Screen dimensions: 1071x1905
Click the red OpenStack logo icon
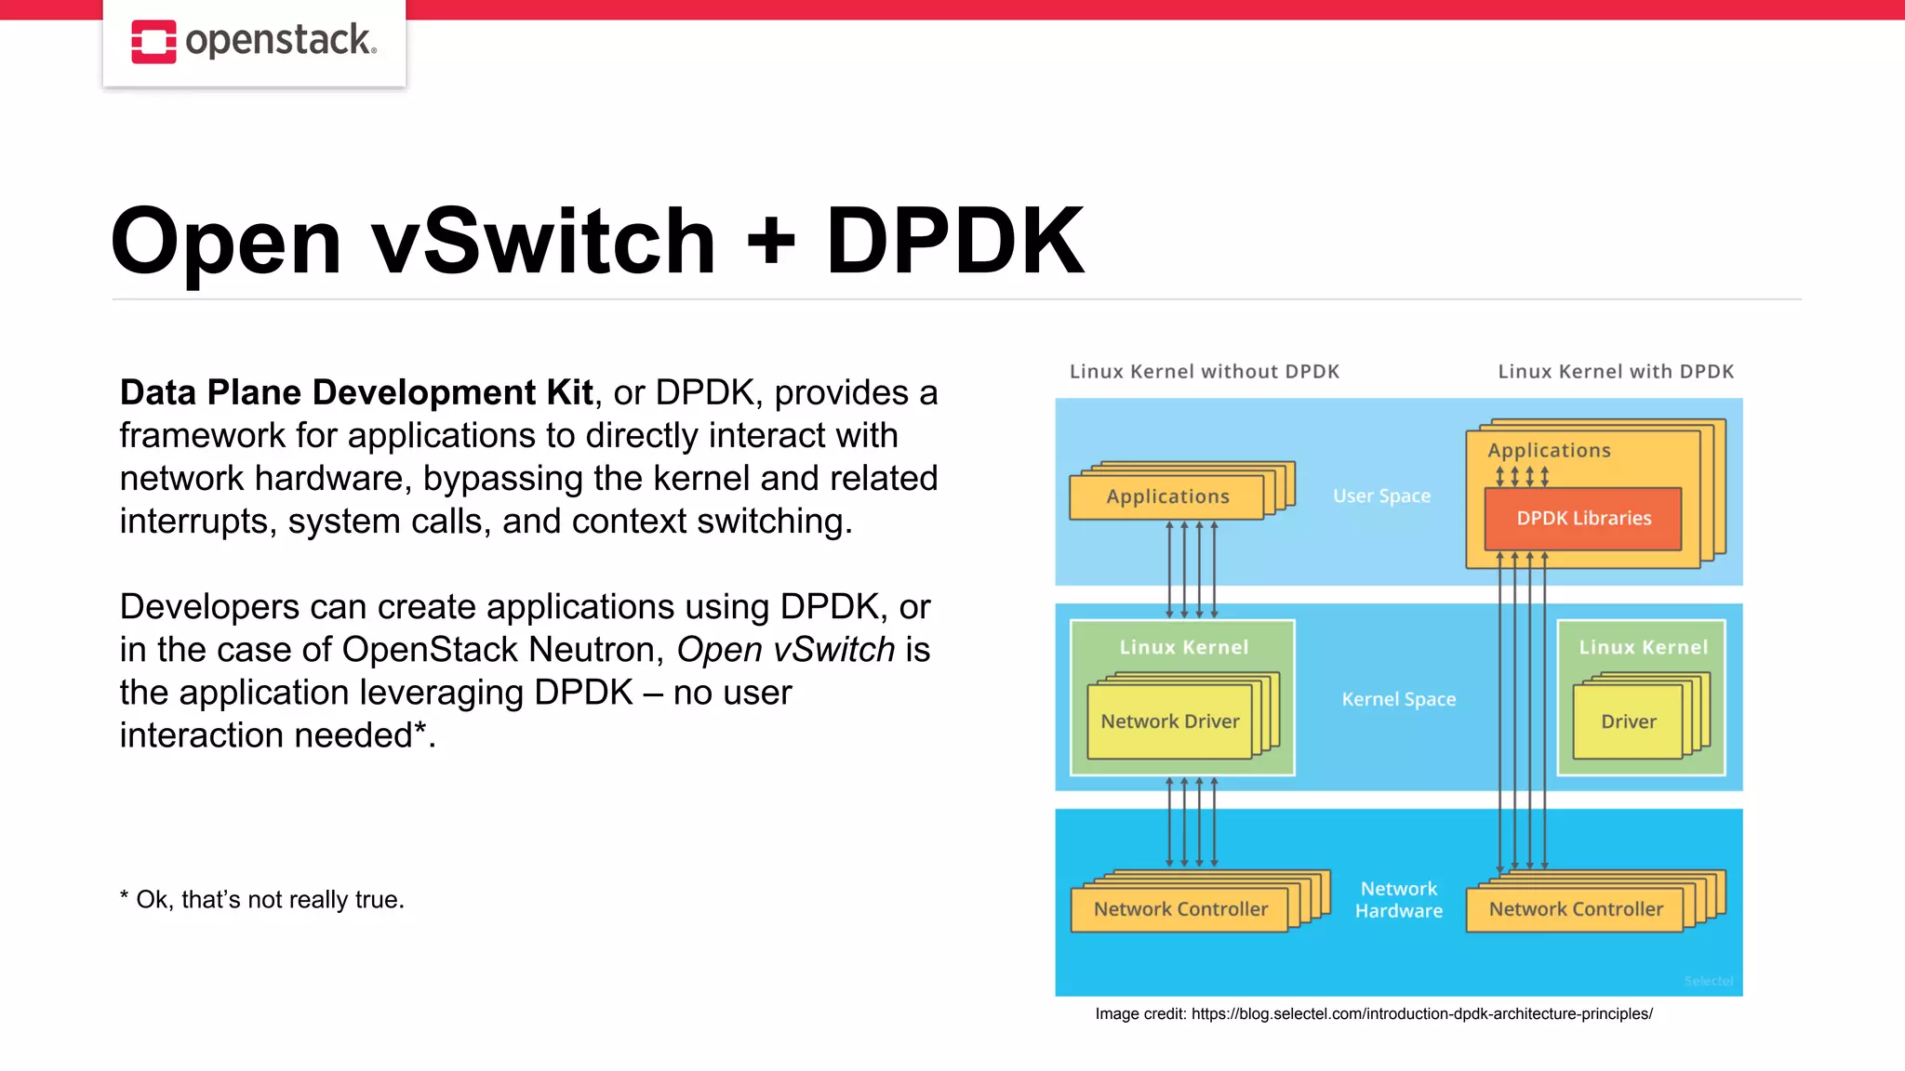pos(153,42)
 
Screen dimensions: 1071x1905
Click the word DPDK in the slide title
pos(954,242)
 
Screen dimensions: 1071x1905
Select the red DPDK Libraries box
pos(1583,519)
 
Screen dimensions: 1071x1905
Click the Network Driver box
pos(1169,721)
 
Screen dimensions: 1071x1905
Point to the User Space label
pos(1381,496)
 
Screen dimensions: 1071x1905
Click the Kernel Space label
pos(1398,699)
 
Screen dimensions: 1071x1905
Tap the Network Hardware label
pos(1398,900)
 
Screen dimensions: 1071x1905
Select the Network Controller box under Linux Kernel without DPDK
pos(1179,909)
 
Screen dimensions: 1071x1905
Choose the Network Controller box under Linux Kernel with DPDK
pos(1575,909)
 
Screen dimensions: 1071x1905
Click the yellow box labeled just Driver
pos(1628,721)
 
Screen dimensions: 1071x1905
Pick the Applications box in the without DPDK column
pos(1166,497)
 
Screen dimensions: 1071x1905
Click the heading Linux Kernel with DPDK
pos(1616,372)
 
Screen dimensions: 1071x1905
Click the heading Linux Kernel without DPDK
pos(1204,372)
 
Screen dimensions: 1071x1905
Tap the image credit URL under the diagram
pos(1421,1014)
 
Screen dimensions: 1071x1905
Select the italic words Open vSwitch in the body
pos(785,650)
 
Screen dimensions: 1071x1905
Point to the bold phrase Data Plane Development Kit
pos(356,393)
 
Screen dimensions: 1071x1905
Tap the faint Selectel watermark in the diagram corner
pos(1708,982)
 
